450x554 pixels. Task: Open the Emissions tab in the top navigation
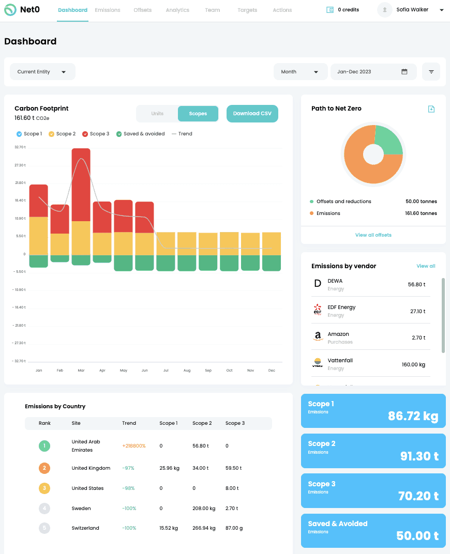pyautogui.click(x=108, y=10)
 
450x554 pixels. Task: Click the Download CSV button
pyautogui.click(x=252, y=114)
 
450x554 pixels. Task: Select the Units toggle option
pyautogui.click(x=157, y=114)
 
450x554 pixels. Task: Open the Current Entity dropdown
pyautogui.click(x=42, y=72)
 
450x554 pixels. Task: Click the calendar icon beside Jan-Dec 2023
pyautogui.click(x=404, y=72)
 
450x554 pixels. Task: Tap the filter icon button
pyautogui.click(x=431, y=72)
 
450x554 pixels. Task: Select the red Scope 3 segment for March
pyautogui.click(x=81, y=184)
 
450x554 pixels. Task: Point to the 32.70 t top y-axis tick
pyautogui.click(x=20, y=147)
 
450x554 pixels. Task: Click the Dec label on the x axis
pyautogui.click(x=272, y=371)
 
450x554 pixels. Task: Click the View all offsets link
pyautogui.click(x=373, y=235)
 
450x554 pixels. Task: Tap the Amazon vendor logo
pyautogui.click(x=318, y=337)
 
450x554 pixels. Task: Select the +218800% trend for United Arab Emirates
pyautogui.click(x=133, y=446)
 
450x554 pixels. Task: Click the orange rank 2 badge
pyautogui.click(x=44, y=468)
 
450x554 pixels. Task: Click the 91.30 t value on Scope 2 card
pyautogui.click(x=419, y=456)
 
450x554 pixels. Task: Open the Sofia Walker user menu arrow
pyautogui.click(x=441, y=10)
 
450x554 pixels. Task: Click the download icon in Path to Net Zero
pyautogui.click(x=431, y=109)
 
